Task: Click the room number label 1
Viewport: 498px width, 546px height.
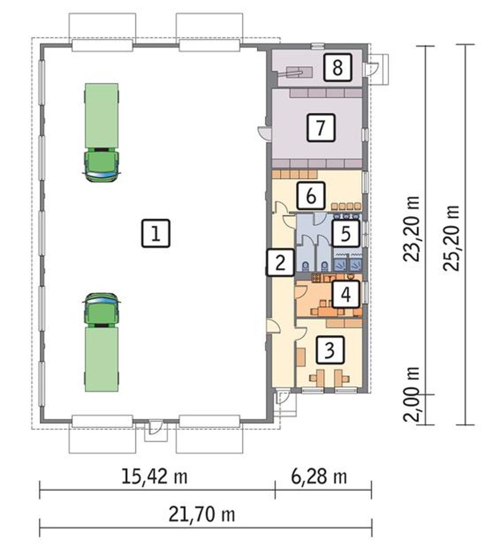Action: click(x=155, y=233)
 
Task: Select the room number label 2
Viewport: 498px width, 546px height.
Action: click(x=280, y=262)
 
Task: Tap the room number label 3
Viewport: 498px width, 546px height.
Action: click(x=330, y=350)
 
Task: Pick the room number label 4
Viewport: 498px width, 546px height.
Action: click(x=345, y=294)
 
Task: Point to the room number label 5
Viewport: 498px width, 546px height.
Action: click(x=345, y=234)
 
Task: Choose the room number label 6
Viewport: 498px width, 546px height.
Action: click(x=311, y=196)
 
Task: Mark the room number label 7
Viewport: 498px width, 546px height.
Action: click(x=321, y=127)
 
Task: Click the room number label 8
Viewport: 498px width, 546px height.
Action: click(x=337, y=67)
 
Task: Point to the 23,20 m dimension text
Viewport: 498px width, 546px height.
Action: click(x=411, y=229)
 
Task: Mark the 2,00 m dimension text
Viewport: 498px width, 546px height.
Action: click(x=411, y=394)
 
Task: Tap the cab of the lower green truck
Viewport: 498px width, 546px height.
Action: click(x=102, y=310)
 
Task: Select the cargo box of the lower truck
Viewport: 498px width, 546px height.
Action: click(x=102, y=359)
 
